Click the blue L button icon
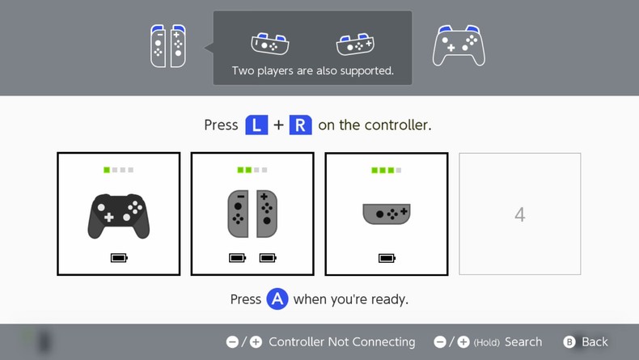pos(256,125)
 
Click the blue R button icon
pos(300,125)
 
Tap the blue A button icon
pos(277,299)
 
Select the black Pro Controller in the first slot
pos(118,215)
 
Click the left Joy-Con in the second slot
pos(238,214)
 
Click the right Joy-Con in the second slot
pos(267,214)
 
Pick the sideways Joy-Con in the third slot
pos(386,214)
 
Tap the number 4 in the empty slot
pos(520,214)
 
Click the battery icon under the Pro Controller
pos(119,258)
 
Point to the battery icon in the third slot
pos(387,258)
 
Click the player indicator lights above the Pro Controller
pos(119,171)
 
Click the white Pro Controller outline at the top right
pos(459,46)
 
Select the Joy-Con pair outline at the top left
pos(167,46)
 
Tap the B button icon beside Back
pos(569,342)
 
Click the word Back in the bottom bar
pos(595,342)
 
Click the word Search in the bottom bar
pos(523,342)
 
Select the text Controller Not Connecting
pos(341,342)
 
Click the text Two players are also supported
pos(312,70)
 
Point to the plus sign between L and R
pos(278,125)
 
